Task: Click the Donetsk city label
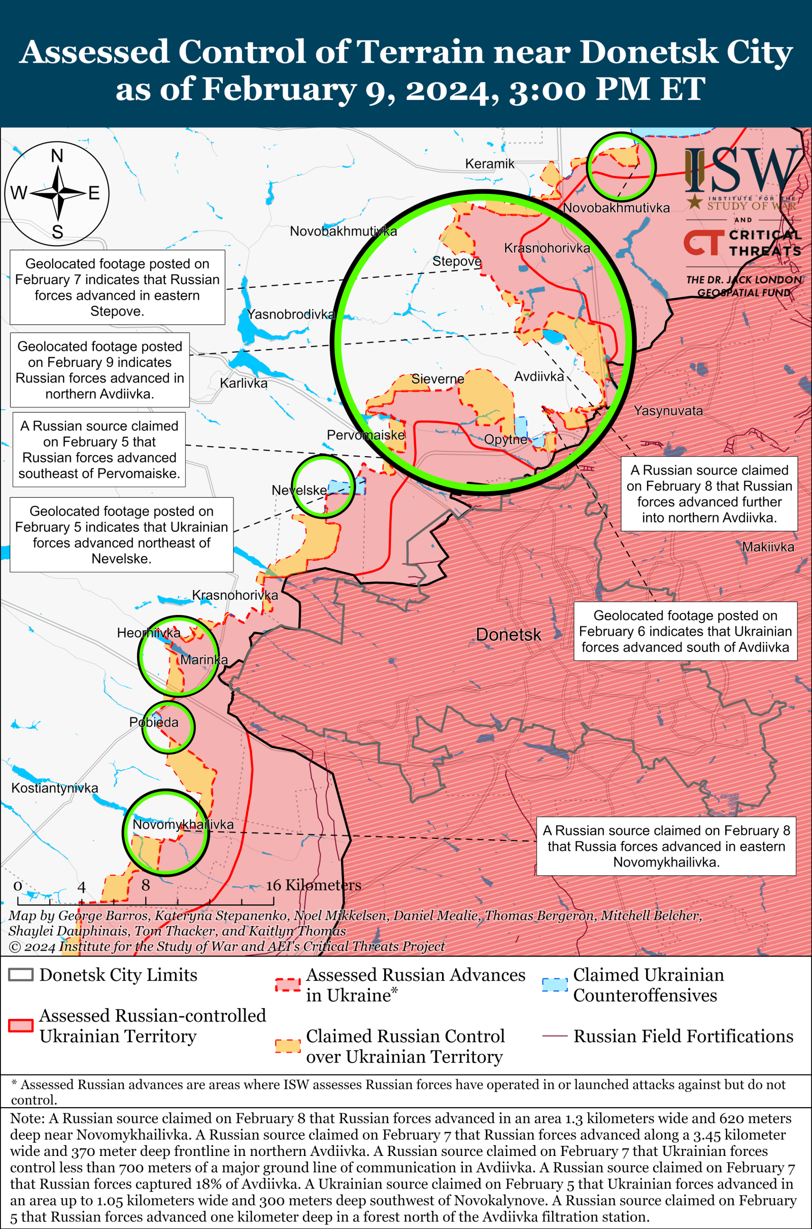508,635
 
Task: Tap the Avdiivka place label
538,377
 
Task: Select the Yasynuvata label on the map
668,411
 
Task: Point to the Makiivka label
767,547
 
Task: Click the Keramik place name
489,164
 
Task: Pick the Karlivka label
244,384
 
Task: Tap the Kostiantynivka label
55,788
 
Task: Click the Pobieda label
154,722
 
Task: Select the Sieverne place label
437,379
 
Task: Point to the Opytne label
505,439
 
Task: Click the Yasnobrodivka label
291,314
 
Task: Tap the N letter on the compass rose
57,156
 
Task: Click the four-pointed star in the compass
57,193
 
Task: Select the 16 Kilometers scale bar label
313,885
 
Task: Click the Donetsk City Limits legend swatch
21,975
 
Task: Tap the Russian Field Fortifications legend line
554,1036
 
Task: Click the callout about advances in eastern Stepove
117,287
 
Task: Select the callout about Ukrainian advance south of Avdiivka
685,631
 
